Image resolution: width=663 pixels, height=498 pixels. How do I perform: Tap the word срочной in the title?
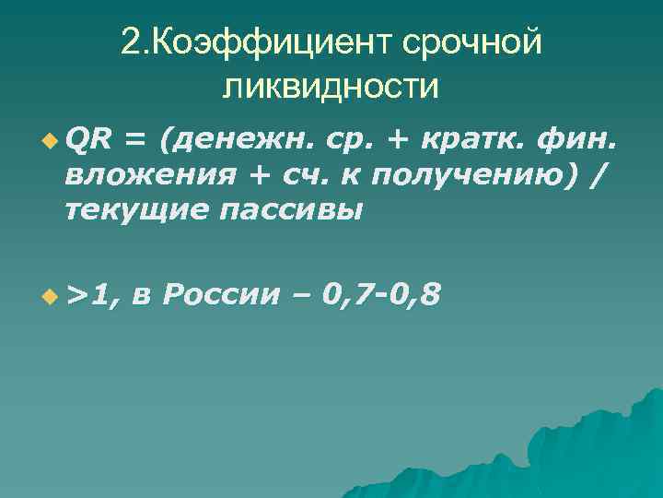tap(471, 41)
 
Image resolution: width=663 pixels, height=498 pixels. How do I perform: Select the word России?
tap(222, 294)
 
